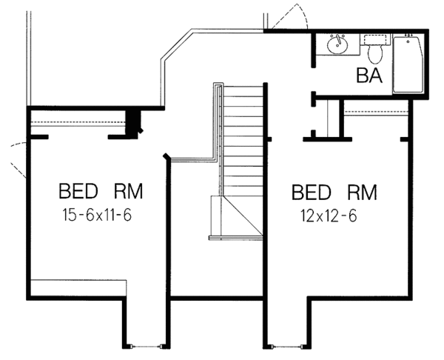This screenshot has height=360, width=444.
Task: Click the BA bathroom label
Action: point(369,76)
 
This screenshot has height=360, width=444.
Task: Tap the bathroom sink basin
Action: point(337,45)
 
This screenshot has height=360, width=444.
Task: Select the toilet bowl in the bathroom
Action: point(375,55)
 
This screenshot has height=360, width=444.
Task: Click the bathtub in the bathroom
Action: point(408,64)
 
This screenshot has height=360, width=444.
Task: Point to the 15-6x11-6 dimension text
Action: point(96,215)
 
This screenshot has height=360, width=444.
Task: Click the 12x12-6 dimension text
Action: point(329,216)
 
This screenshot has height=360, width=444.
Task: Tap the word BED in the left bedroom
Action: point(78,191)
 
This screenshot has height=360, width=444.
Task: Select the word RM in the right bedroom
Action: point(362,193)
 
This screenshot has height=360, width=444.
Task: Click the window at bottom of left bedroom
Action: point(147,346)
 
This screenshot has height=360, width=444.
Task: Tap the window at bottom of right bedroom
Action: point(287,346)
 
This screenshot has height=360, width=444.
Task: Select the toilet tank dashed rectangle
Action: point(375,40)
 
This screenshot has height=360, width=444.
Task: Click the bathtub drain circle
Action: point(408,41)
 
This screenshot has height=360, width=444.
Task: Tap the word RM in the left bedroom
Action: point(128,191)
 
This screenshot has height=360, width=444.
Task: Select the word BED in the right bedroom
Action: point(312,193)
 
